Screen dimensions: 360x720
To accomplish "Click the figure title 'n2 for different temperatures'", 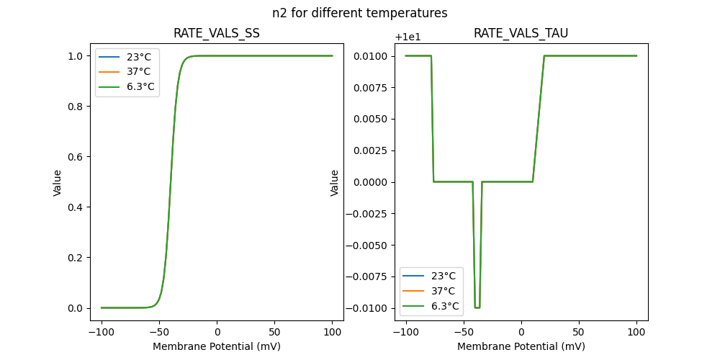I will click(359, 13).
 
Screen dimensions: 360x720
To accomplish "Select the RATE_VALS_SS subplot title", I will click(217, 34).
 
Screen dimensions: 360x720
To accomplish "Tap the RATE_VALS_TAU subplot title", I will click(521, 34).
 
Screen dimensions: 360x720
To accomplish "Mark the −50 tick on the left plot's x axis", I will click(159, 333).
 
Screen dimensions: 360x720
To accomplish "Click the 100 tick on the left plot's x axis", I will click(332, 333).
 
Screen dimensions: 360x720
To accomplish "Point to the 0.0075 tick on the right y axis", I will click(369, 87).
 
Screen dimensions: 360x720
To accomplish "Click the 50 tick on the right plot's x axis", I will click(578, 333).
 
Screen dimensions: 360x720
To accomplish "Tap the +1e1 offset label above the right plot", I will click(408, 37).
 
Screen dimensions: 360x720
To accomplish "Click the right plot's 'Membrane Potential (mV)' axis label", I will click(521, 346).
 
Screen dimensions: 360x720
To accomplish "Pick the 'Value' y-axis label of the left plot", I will click(58, 183).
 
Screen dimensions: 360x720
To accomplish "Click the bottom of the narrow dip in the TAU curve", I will click(477, 307).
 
